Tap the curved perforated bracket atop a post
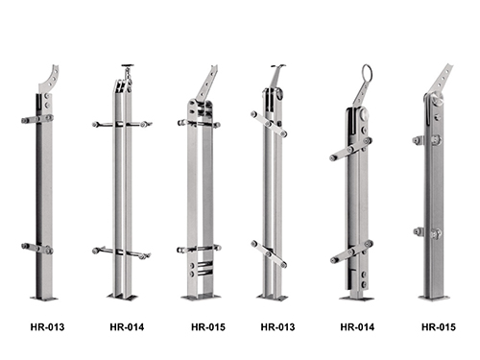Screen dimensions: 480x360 [50, 80]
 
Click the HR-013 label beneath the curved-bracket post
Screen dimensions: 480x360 [47, 327]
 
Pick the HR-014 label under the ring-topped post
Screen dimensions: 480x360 [357, 327]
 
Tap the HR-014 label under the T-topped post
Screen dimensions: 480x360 [127, 327]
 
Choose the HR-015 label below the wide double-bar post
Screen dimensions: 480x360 [208, 327]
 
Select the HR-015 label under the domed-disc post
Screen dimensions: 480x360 [439, 327]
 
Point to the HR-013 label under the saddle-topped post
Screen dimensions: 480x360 [277, 327]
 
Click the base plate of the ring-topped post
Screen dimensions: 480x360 [357, 299]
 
